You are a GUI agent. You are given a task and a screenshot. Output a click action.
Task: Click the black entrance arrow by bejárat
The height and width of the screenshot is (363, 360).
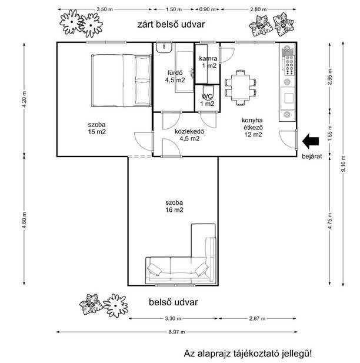tap(311, 141)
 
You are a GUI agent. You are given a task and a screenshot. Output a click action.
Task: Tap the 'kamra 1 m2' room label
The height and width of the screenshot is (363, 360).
tap(208, 62)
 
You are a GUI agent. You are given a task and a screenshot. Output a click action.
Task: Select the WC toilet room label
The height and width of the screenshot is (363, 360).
tap(207, 100)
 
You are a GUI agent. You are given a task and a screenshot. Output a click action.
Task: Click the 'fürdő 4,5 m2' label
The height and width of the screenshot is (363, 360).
tap(175, 76)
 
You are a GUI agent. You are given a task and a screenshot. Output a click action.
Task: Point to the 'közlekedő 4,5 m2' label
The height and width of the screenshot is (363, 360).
tap(189, 135)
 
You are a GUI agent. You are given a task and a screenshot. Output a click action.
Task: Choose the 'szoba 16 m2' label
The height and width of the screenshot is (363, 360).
tap(174, 207)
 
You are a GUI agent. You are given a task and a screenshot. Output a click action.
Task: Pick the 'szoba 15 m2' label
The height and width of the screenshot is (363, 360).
tap(97, 128)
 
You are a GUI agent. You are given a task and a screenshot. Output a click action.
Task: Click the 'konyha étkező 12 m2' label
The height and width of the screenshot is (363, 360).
tap(252, 127)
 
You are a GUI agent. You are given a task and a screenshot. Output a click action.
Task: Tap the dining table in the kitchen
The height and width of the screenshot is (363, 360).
tap(240, 88)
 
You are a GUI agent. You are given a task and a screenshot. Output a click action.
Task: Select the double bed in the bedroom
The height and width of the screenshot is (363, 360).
tap(121, 81)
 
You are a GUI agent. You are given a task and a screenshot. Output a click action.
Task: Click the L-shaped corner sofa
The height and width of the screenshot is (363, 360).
tap(181, 253)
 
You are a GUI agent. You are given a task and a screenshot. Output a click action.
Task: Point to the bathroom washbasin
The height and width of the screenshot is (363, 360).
tap(164, 47)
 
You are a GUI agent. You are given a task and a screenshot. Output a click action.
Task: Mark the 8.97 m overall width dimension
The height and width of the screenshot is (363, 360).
tap(176, 332)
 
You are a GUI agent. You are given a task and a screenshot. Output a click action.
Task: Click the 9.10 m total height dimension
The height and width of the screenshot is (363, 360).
tap(344, 164)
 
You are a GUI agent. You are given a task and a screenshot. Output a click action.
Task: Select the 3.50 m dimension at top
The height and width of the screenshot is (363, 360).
tap(105, 9)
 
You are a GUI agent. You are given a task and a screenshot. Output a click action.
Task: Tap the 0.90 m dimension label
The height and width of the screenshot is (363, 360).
tap(207, 9)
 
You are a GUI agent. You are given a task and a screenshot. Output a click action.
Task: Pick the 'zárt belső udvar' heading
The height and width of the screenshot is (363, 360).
tap(171, 25)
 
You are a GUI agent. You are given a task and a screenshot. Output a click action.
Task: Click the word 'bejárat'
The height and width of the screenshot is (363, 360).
tap(312, 156)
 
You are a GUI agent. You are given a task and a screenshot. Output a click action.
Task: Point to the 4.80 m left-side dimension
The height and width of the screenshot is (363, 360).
tap(24, 220)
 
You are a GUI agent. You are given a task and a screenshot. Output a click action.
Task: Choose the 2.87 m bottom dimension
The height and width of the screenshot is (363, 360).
tap(257, 318)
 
